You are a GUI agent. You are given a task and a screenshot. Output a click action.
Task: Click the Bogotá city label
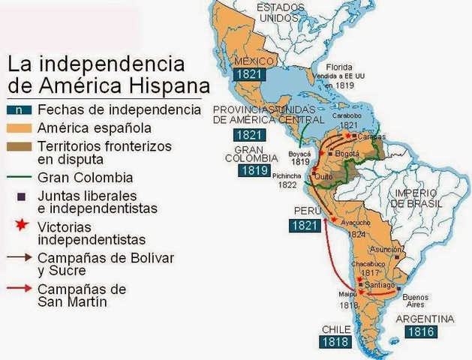347,153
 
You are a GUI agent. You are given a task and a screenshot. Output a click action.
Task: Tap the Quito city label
324,176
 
